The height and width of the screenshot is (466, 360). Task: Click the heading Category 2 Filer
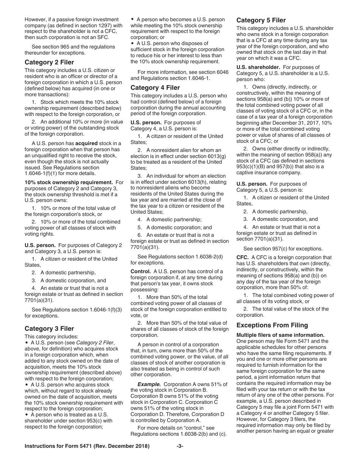(49, 62)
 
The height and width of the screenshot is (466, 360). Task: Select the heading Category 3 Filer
(49, 328)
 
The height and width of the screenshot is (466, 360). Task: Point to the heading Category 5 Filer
(261, 20)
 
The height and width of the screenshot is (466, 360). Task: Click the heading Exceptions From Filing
(272, 325)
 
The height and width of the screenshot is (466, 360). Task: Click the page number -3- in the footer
(180, 457)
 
